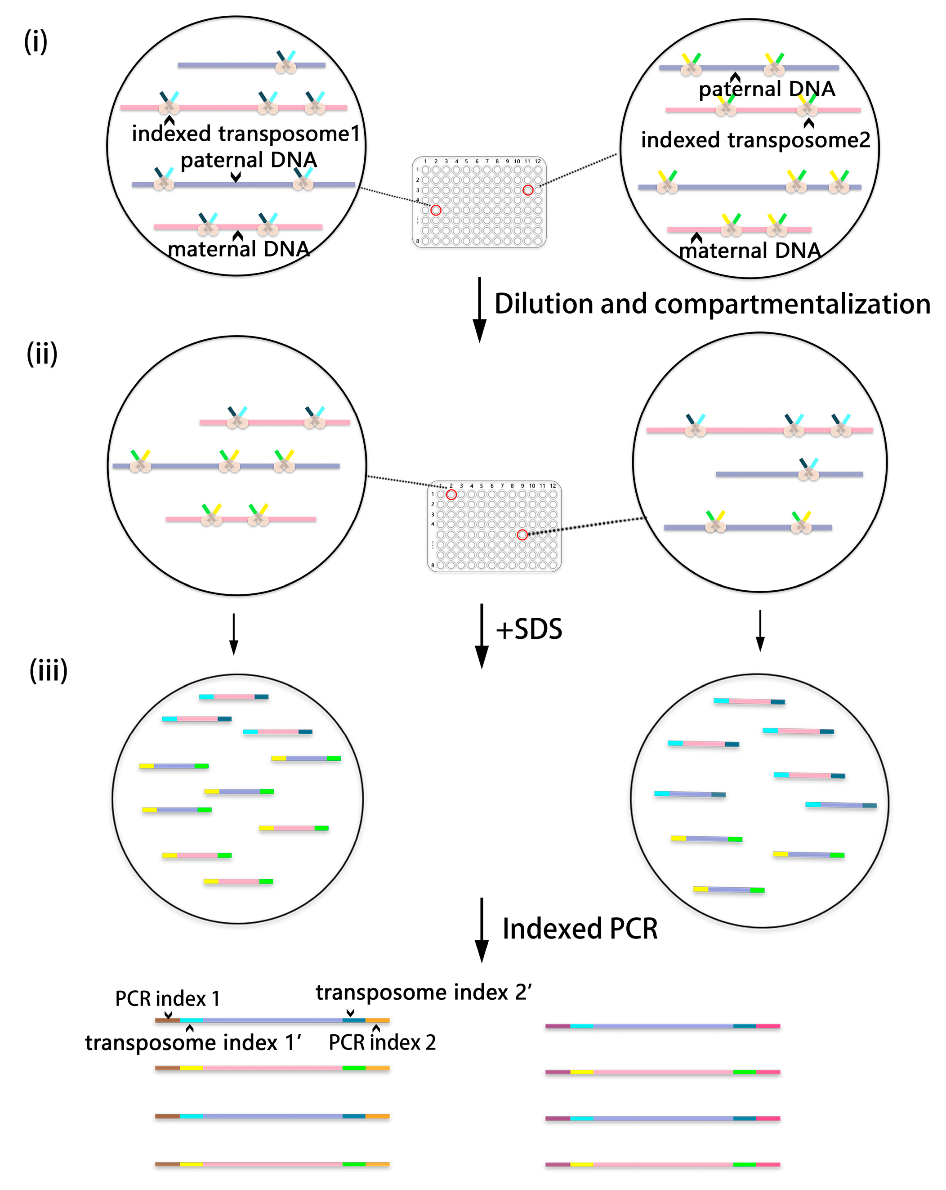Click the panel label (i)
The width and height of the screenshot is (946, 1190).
click(36, 41)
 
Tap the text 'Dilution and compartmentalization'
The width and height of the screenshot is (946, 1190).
click(712, 304)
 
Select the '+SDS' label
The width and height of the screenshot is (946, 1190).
click(528, 629)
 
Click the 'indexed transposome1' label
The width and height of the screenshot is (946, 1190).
click(245, 134)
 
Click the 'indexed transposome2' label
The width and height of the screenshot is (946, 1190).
click(755, 140)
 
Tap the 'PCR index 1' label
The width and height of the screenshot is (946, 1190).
click(167, 998)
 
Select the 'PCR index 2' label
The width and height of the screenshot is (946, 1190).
click(382, 1042)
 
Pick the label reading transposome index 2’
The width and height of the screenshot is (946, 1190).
click(423, 992)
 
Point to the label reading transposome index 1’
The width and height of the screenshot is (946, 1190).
click(192, 1042)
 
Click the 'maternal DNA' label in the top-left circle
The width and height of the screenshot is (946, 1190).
click(238, 249)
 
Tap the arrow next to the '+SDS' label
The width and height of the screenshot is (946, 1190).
click(482, 635)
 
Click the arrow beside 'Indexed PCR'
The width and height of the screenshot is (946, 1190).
click(482, 930)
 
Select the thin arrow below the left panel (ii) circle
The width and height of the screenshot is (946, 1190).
click(234, 633)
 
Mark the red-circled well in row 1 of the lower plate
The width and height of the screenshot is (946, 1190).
click(451, 494)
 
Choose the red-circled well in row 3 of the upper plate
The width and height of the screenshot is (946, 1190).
click(528, 190)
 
